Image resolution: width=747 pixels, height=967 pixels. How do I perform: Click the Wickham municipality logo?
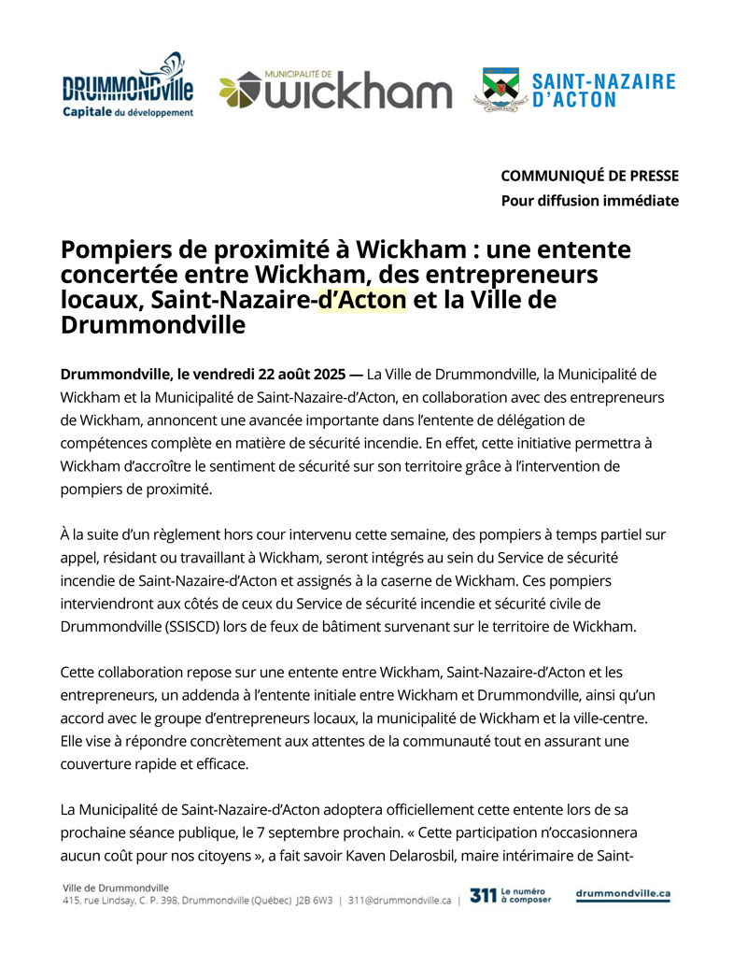coord(336,91)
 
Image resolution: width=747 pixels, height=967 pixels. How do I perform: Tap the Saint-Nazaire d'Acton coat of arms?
coord(500,90)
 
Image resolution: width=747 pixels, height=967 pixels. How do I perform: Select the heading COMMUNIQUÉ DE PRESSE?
coord(589,176)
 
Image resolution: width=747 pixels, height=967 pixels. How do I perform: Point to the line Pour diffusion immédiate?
coord(589,200)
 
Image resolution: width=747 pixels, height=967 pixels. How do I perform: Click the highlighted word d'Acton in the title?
coord(362,300)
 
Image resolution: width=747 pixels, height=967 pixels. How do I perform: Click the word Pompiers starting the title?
coord(115,250)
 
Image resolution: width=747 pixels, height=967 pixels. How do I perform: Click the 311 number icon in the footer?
coord(483,895)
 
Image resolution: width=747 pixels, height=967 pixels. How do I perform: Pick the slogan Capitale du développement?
coord(128,113)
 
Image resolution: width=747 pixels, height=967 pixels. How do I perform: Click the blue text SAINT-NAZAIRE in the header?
coord(603,81)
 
